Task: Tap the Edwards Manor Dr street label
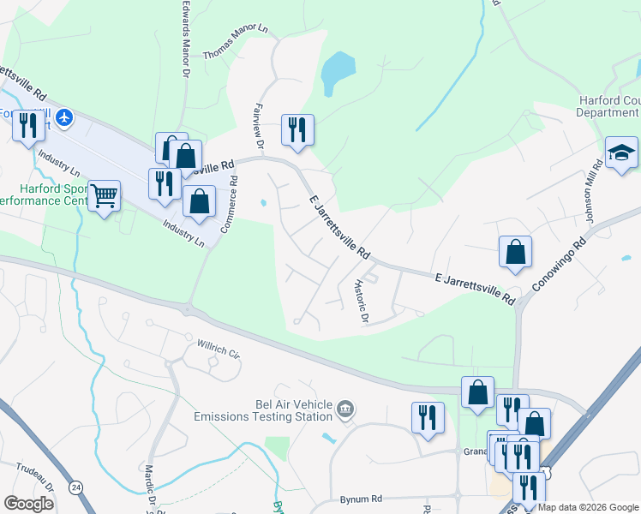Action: click(x=183, y=39)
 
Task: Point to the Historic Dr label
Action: click(x=362, y=302)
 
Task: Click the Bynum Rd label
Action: click(x=360, y=498)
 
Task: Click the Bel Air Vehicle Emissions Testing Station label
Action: click(x=262, y=410)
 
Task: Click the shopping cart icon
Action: click(x=105, y=195)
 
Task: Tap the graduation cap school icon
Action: click(x=621, y=152)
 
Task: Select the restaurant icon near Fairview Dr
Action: click(x=297, y=130)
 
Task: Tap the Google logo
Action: click(x=28, y=504)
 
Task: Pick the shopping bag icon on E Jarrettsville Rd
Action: click(x=515, y=252)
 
